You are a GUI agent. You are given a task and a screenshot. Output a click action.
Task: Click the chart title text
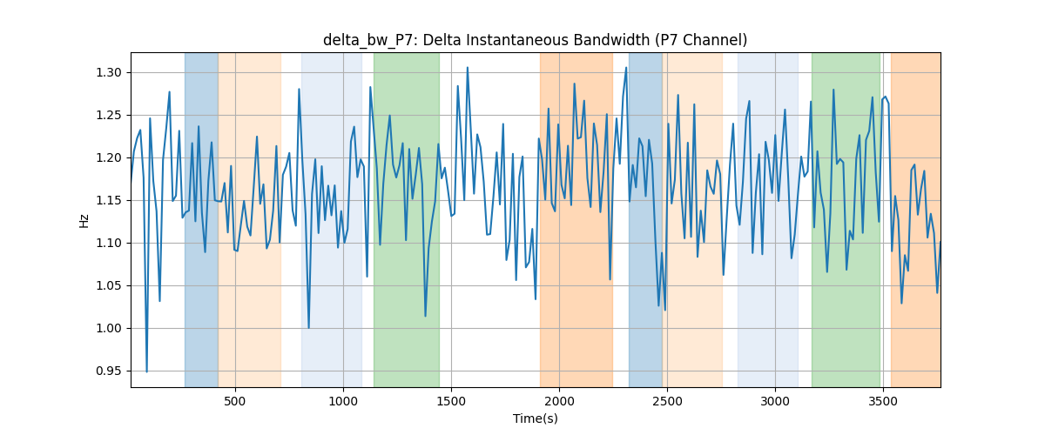(535, 40)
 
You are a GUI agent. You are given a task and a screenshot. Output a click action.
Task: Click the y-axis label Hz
(84, 220)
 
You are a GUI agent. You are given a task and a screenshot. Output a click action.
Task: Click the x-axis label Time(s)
(535, 418)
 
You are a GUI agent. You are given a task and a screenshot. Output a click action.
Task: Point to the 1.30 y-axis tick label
(109, 72)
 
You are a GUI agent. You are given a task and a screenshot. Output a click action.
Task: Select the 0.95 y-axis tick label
(109, 371)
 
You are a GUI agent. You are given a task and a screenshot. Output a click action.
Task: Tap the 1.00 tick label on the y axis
(109, 328)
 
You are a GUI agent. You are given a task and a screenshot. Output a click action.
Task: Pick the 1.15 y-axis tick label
(109, 200)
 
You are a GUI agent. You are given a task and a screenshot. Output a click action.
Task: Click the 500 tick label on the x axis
(235, 401)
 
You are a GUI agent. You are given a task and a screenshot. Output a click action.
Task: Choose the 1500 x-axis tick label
(451, 401)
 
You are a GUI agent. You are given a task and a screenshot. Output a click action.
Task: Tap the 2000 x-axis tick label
(559, 401)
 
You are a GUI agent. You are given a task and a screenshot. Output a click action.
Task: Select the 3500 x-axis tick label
(883, 401)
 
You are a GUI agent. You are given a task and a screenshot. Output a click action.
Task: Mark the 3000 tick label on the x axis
(775, 401)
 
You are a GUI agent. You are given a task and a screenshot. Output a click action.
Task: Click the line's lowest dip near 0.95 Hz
(146, 371)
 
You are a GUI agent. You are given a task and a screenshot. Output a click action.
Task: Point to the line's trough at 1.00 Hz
(308, 328)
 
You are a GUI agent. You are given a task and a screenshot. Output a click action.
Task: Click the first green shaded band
(407, 219)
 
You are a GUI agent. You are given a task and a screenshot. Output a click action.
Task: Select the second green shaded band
(846, 219)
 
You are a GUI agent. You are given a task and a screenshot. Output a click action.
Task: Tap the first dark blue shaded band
(201, 219)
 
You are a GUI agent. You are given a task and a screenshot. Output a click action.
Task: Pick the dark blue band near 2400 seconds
(645, 219)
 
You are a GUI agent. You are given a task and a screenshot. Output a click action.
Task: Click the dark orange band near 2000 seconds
(576, 219)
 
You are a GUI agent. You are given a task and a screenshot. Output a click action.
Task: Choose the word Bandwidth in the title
(611, 40)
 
